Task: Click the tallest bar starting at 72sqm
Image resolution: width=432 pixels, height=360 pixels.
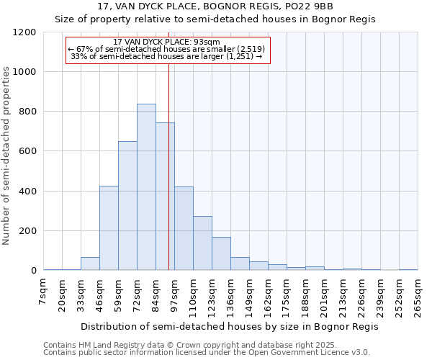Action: [x=146, y=187]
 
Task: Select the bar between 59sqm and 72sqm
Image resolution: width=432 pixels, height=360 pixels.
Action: [x=127, y=206]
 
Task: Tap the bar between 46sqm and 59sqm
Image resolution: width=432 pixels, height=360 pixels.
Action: [x=109, y=228]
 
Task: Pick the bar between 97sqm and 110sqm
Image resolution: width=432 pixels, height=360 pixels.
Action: [x=184, y=228]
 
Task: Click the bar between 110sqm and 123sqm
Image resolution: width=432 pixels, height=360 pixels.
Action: [x=202, y=243]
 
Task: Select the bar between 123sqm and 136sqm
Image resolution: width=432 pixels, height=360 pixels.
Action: [x=221, y=253]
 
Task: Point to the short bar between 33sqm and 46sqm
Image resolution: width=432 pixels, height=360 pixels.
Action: [x=90, y=264]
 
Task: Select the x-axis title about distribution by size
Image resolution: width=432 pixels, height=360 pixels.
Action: [x=229, y=326]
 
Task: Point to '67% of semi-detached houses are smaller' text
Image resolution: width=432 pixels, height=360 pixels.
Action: [x=167, y=49]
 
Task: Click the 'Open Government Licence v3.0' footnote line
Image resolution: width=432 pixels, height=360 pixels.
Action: [x=207, y=353]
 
